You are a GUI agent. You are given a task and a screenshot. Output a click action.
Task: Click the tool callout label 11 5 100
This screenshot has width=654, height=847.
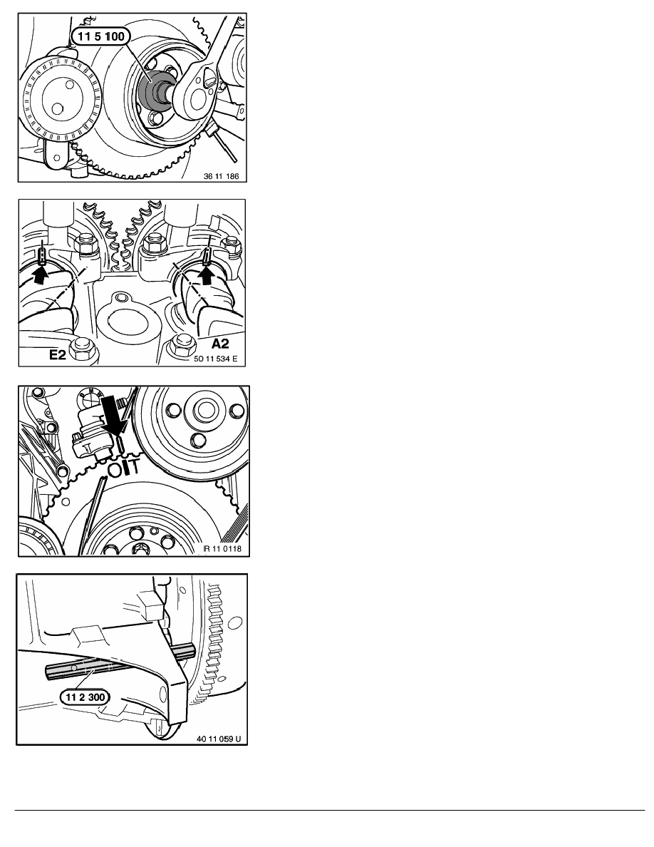[x=100, y=37]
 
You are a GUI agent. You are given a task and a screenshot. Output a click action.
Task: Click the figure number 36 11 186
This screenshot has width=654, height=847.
[x=222, y=176]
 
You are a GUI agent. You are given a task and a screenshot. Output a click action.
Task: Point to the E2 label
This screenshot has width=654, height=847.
[x=57, y=355]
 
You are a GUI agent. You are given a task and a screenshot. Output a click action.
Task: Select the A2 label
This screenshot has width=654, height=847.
[x=219, y=344]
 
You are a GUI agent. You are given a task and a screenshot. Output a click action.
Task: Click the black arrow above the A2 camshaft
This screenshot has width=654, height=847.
[x=207, y=275]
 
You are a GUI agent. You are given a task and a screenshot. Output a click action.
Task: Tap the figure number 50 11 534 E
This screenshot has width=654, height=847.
[x=215, y=358]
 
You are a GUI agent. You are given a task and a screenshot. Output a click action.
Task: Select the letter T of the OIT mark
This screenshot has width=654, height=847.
[x=134, y=466]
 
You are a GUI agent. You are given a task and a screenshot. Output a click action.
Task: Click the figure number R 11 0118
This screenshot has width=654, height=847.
[x=222, y=549]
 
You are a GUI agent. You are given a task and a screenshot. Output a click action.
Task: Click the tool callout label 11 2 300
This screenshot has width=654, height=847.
[x=85, y=697]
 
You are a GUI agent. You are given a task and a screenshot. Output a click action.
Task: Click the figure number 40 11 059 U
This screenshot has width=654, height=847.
[x=219, y=739]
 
